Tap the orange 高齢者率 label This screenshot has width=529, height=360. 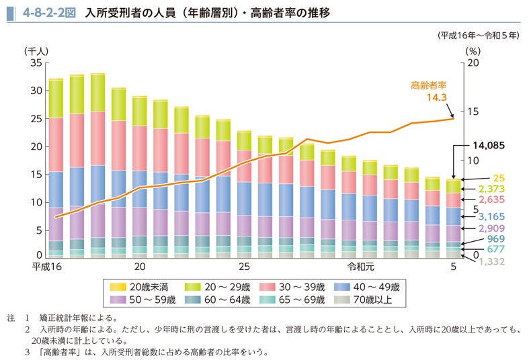tap(429, 85)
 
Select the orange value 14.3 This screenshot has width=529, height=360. tap(437, 98)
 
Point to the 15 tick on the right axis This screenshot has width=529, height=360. tap(472, 111)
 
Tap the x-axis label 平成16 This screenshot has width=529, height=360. tap(47, 267)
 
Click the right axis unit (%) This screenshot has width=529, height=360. tap(472, 50)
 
